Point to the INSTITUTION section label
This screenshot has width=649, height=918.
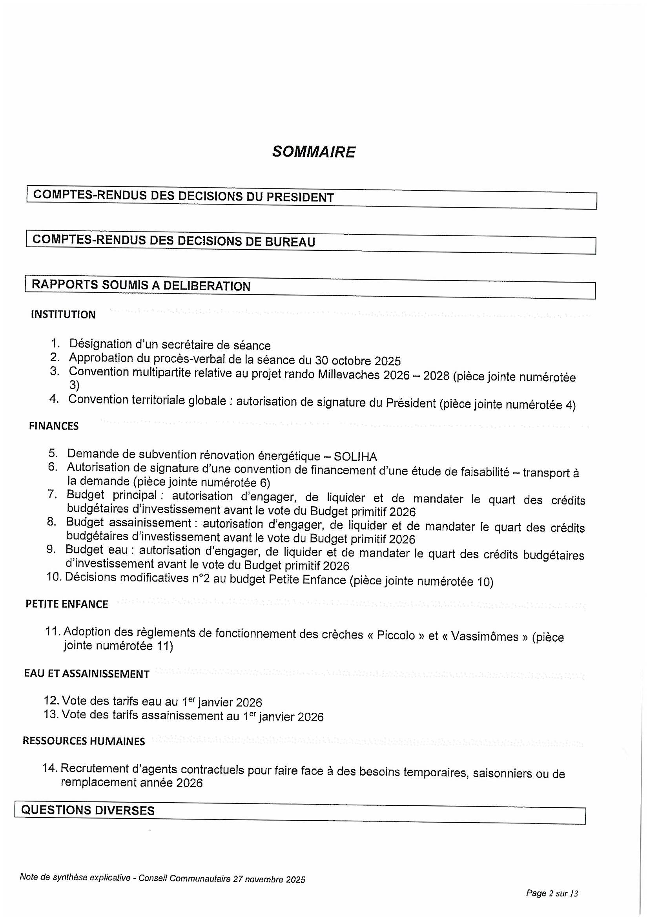63,315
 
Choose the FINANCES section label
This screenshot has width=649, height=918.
53,426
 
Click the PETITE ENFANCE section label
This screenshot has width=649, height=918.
67,604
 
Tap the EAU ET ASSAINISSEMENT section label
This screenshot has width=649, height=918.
87,674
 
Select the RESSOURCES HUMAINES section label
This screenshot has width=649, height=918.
84,741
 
